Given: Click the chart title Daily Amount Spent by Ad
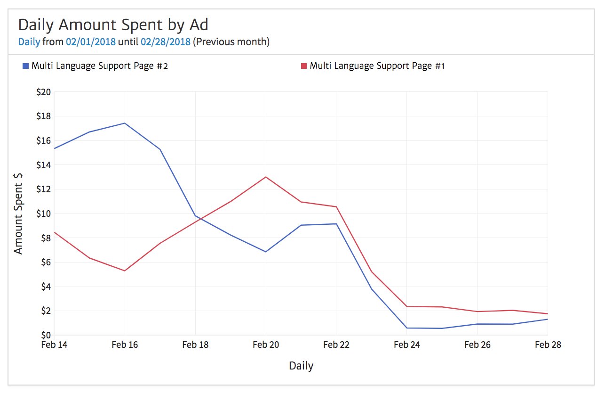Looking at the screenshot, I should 113,25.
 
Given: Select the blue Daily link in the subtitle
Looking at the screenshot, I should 29,42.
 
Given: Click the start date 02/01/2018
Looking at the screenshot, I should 90,42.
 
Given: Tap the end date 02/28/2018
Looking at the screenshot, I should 165,42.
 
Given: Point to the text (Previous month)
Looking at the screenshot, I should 231,42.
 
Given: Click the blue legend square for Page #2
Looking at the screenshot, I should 25,66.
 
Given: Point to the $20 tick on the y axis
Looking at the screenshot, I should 43,92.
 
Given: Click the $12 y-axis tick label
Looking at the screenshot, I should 43,189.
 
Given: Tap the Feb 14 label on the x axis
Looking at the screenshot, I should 55,345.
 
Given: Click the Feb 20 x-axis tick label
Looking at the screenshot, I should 266,345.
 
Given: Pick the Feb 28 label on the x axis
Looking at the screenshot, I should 548,345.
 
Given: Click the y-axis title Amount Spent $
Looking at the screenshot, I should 18,213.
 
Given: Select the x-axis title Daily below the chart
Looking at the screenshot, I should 301,366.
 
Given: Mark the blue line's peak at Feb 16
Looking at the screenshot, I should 125,123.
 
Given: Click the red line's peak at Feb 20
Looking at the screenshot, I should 266,177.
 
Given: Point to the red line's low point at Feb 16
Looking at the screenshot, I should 125,271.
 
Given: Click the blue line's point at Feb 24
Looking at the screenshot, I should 407,328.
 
